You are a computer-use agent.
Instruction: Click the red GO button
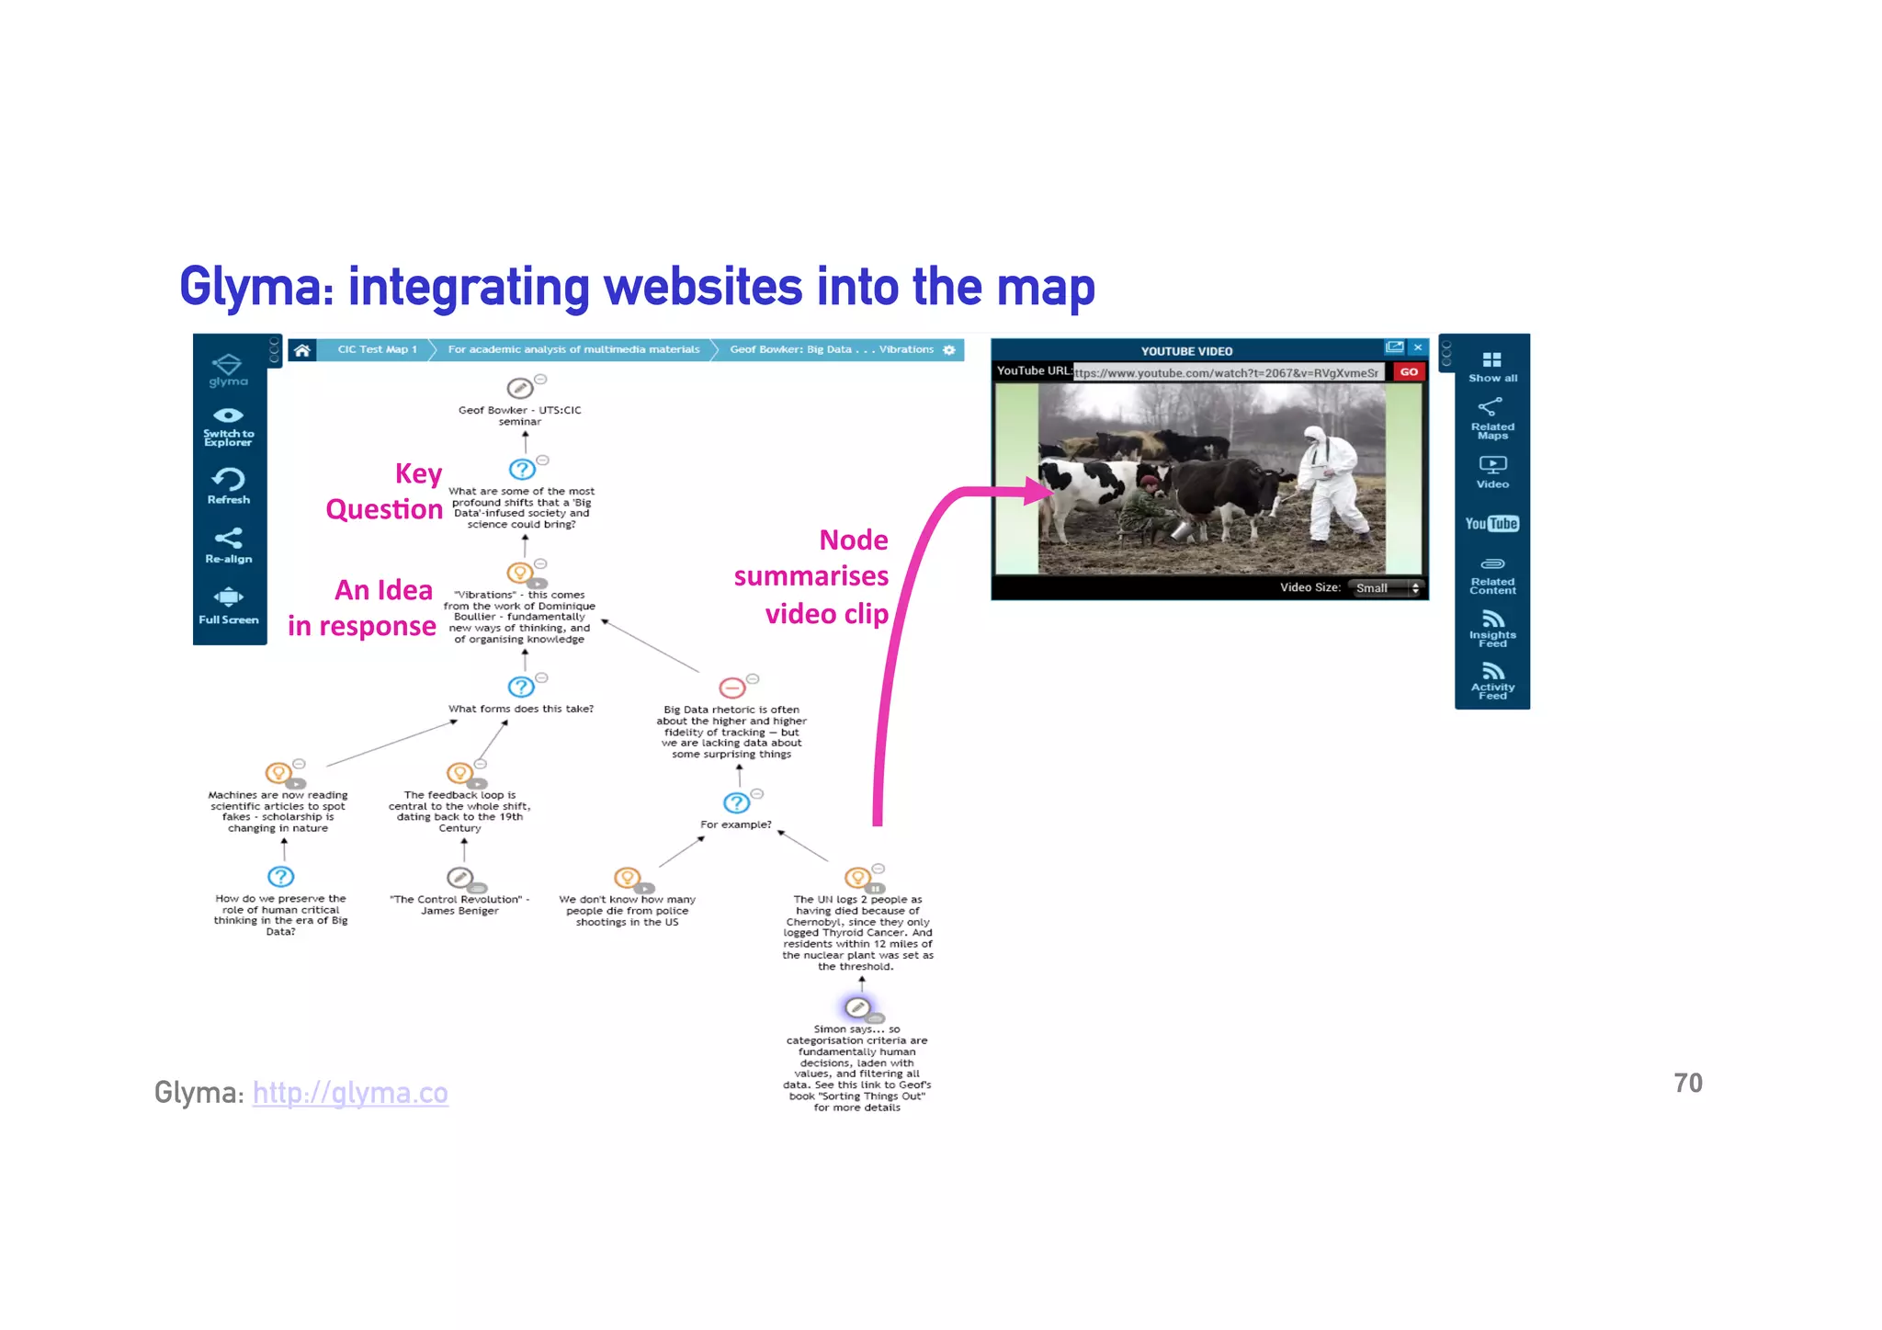1409,372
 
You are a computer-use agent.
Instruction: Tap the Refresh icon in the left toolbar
229,480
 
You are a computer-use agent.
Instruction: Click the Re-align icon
229,539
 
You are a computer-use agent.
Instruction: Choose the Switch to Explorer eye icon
229,416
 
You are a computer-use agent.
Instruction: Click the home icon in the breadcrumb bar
301,350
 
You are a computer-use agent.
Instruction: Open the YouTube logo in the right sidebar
1491,524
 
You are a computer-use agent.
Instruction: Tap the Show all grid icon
1491,360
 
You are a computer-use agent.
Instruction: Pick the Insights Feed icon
1492,620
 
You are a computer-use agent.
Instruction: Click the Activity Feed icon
1492,673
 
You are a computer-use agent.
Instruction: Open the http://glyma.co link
350,1093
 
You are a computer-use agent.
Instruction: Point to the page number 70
1687,1084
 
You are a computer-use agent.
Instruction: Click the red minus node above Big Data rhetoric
732,688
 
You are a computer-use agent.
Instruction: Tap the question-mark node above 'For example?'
736,803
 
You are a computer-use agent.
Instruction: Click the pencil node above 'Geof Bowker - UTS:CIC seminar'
519,388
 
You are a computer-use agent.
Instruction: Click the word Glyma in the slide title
256,287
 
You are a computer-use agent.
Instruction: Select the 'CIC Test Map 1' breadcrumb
377,350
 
